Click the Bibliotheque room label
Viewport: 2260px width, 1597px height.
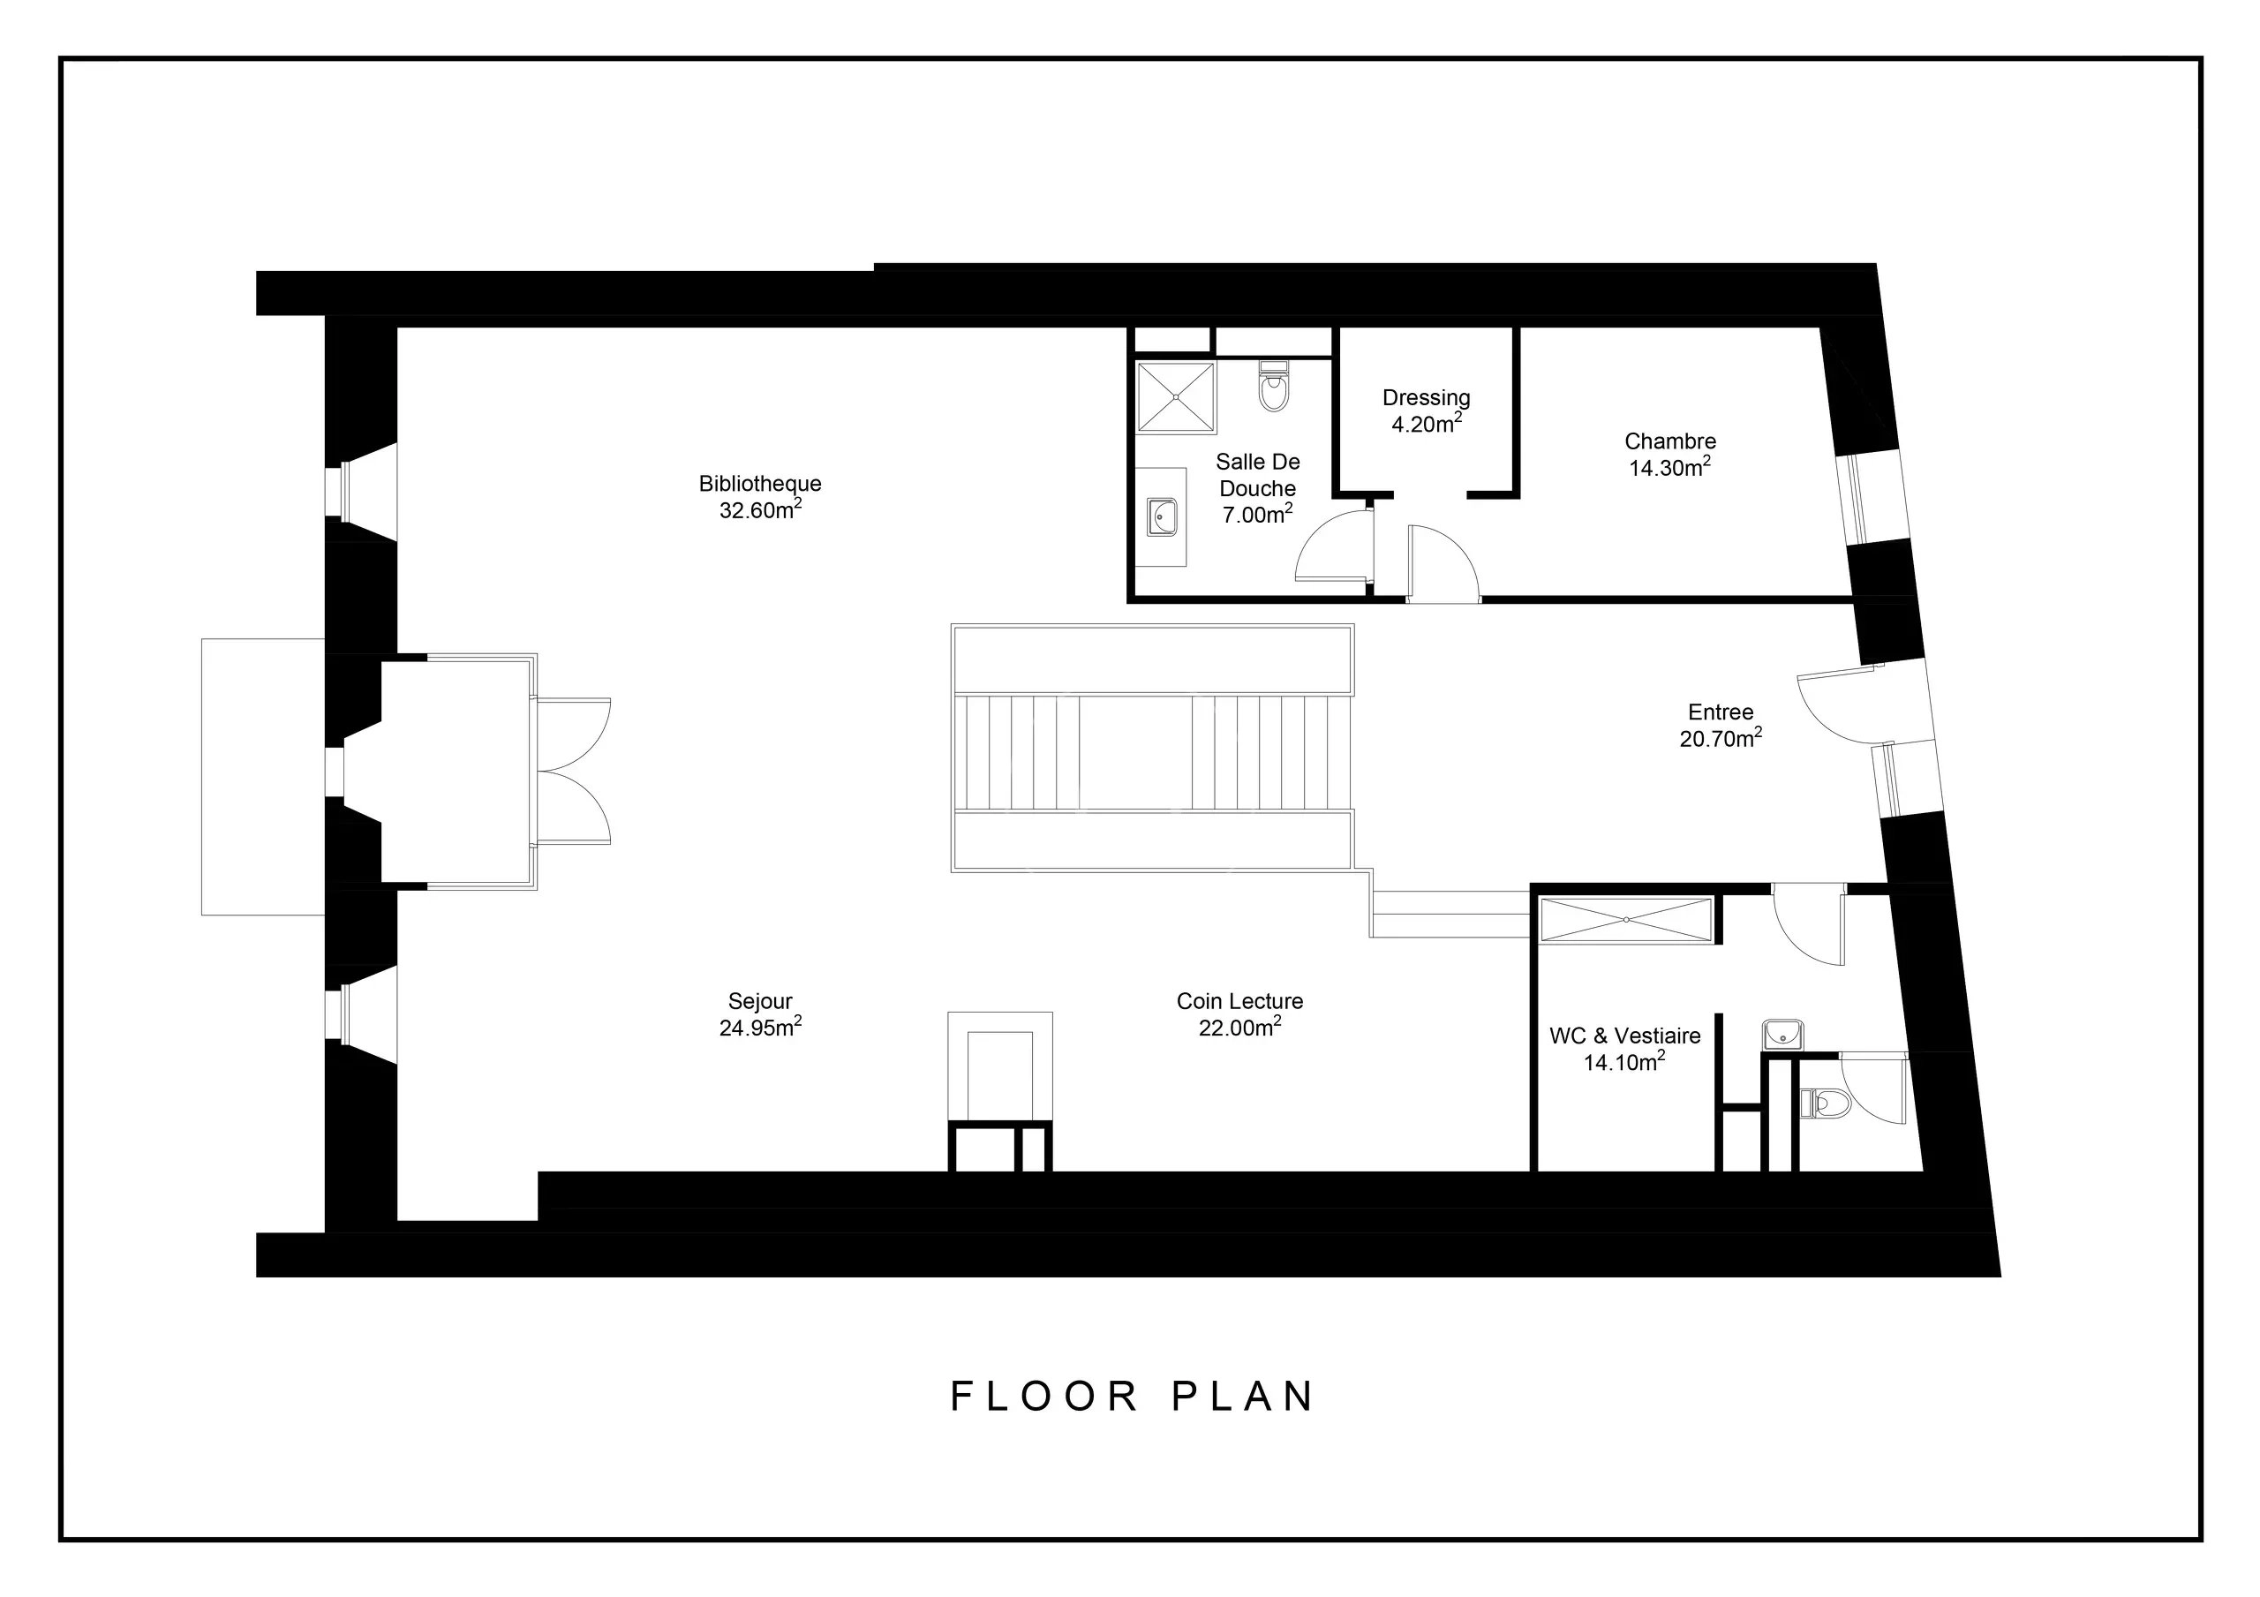tap(760, 484)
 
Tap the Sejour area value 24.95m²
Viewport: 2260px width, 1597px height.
tap(760, 1027)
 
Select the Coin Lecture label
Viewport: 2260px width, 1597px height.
tap(1239, 1001)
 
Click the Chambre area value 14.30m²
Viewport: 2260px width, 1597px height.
tap(1669, 467)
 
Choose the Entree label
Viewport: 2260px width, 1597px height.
tap(1721, 712)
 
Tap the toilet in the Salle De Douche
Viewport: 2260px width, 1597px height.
tap(1274, 387)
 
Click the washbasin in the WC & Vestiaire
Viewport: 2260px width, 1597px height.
tap(1782, 1035)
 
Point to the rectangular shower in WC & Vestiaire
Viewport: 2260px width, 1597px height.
tap(1626, 920)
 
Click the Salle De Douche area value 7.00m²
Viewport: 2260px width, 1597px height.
tap(1257, 513)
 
